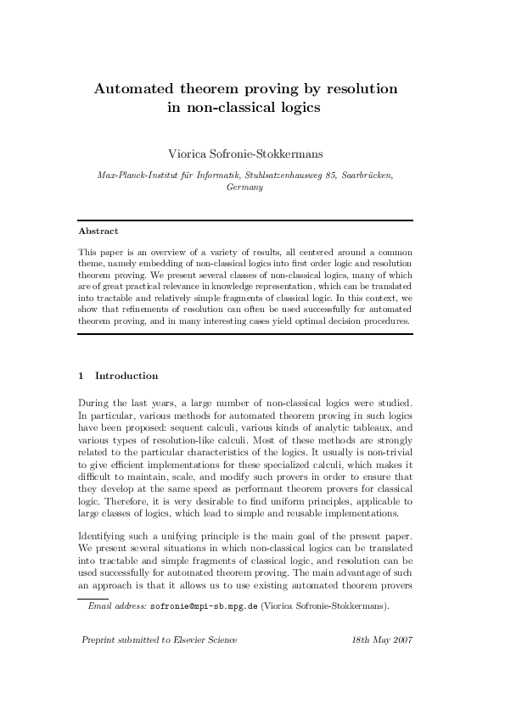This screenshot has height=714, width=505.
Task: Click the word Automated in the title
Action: (x=133, y=88)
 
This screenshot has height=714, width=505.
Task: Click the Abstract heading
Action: (x=98, y=231)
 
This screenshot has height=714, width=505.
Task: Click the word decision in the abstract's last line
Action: (x=328, y=321)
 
